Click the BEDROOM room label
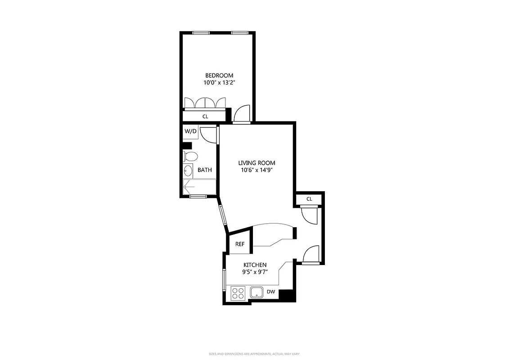coord(219,75)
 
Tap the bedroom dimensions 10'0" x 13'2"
coord(219,82)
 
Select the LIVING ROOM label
coord(257,163)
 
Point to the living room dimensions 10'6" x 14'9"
coord(257,170)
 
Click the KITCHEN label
coord(255,265)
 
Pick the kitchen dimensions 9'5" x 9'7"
coord(255,272)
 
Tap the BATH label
coord(205,170)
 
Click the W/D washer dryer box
coord(190,131)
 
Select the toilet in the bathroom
coord(191,157)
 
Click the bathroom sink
coord(188,171)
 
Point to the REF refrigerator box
coord(240,244)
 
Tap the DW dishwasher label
coord(270,292)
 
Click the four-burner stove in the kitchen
coord(238,293)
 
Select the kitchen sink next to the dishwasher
coord(257,292)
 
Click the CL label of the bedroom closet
coord(205,117)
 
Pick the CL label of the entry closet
coord(309,199)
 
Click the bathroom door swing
coord(208,135)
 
